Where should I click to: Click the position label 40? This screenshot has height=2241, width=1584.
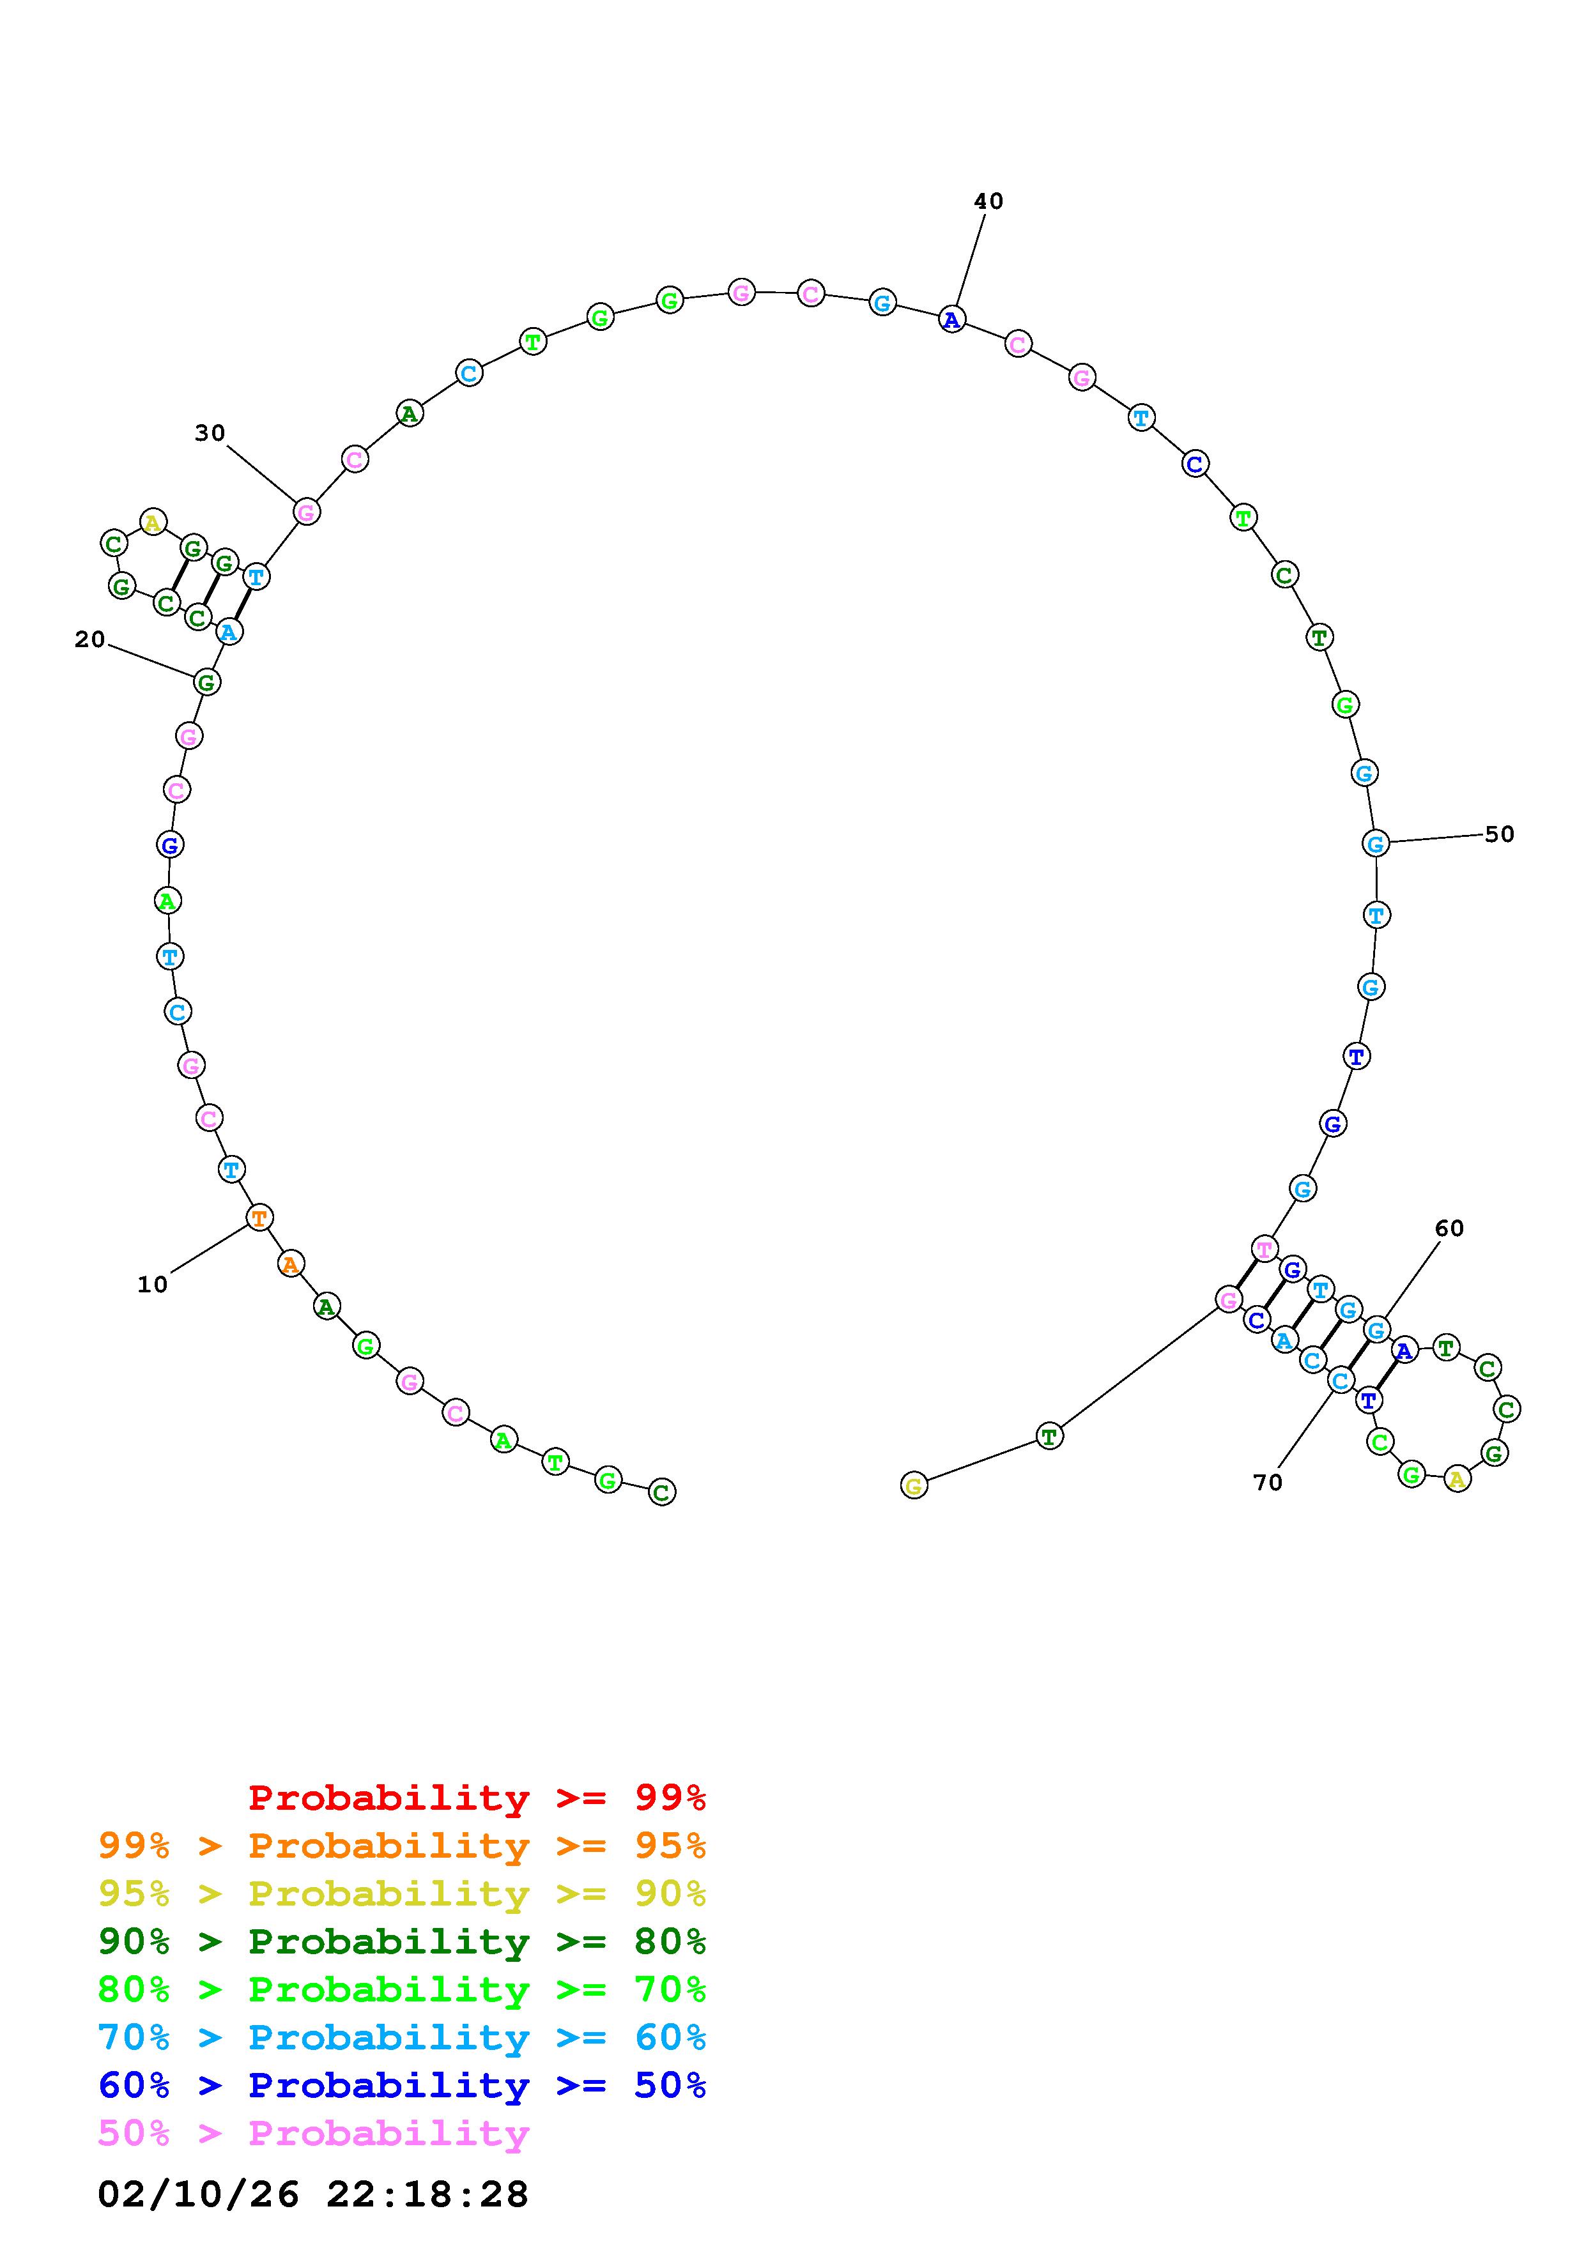[988, 201]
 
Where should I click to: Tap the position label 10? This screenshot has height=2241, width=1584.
[152, 1285]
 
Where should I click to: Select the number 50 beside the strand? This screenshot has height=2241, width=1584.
[1499, 834]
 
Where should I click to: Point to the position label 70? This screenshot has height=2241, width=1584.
[1267, 1481]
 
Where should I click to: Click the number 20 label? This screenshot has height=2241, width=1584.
[90, 639]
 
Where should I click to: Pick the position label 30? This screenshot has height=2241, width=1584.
[210, 432]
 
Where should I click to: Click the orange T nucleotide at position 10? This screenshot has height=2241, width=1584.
[259, 1217]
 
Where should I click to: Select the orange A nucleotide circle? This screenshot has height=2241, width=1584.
[290, 1264]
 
